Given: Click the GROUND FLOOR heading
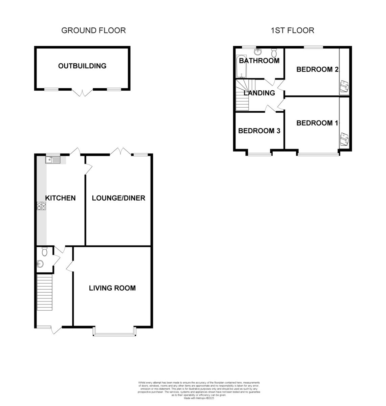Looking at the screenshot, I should [93, 30].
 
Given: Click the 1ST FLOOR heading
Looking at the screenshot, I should [292, 30].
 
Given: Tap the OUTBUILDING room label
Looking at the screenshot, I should [82, 66].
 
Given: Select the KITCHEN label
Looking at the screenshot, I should [61, 198].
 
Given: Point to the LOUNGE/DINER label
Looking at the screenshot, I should [118, 198].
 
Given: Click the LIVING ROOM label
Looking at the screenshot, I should [112, 288].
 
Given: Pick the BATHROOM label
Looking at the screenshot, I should [259, 61].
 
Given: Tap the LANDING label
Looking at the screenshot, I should [259, 93].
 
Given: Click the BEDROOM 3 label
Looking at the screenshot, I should [259, 131].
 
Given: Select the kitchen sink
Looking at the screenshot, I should [52, 160].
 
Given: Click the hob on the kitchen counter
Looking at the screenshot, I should [41, 206].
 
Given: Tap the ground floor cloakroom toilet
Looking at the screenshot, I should [44, 252].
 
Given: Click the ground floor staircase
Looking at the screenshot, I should [45, 292].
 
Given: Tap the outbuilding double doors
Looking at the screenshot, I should [82, 92].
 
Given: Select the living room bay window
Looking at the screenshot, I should [115, 334].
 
